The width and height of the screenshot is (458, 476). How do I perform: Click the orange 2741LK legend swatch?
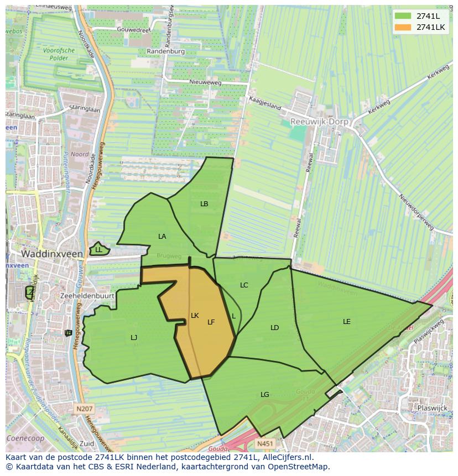pyautogui.click(x=402, y=27)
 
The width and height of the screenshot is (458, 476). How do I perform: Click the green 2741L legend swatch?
pyautogui.click(x=402, y=16)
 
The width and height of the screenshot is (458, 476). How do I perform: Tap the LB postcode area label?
pyautogui.click(x=204, y=204)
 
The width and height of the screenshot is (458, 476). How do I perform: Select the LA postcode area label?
pyautogui.click(x=162, y=237)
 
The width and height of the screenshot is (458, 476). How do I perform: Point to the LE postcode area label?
pyautogui.click(x=347, y=322)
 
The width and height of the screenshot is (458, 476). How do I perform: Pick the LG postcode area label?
pyautogui.click(x=265, y=395)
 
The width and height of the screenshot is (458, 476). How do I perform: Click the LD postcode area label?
pyautogui.click(x=275, y=328)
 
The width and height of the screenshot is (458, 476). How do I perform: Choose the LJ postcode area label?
pyautogui.click(x=134, y=338)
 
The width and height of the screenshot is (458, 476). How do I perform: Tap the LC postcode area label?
pyautogui.click(x=244, y=285)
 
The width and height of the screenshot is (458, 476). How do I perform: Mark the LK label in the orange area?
pyautogui.click(x=195, y=316)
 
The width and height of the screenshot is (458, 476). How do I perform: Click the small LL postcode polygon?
pyautogui.click(x=98, y=249)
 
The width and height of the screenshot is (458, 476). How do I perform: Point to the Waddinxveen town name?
pyautogui.click(x=52, y=254)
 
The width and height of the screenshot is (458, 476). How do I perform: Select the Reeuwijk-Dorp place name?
pyautogui.click(x=319, y=121)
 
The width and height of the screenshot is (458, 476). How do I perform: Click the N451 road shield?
pyautogui.click(x=266, y=443)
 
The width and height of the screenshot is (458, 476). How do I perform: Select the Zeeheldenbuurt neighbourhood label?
pyautogui.click(x=87, y=296)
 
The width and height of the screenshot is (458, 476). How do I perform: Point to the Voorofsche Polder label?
pyautogui.click(x=59, y=54)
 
